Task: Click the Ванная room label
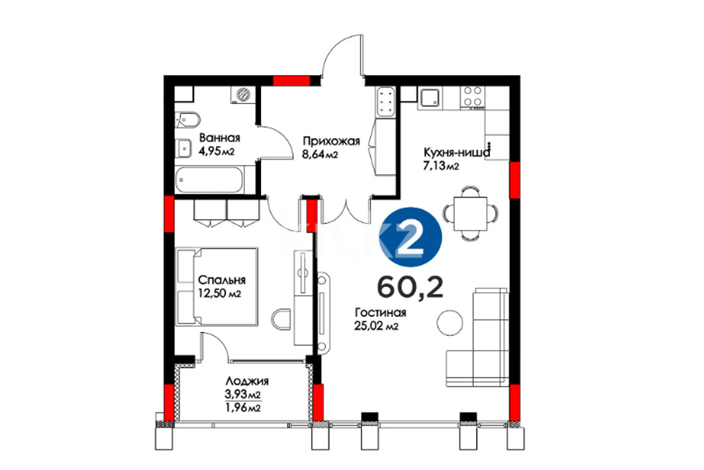pos(220,137)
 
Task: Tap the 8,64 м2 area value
pos(320,155)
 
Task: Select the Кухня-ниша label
pos(456,152)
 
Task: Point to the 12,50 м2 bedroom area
pos(220,294)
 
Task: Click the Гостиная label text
pos(380,312)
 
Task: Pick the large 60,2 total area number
pos(411,286)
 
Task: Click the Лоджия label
pos(246,381)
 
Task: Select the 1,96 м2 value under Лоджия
pos(242,408)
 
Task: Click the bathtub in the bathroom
pos(209,180)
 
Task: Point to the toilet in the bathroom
pos(187,119)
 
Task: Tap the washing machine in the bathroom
pos(242,95)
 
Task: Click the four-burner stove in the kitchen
pos(472,97)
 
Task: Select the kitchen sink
pos(430,97)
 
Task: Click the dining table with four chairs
pos(470,213)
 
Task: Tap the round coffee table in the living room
pos(450,323)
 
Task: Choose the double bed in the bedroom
pos(217,286)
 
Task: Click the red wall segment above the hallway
pos(292,81)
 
